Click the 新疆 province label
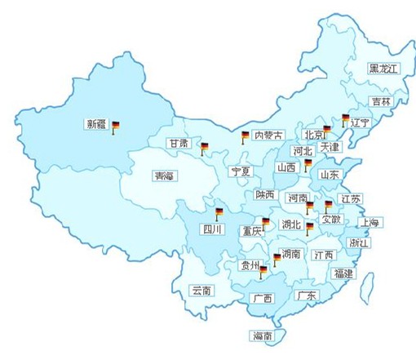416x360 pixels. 95,125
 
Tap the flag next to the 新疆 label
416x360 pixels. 115,127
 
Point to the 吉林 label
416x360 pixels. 381,102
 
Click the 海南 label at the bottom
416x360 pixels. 262,336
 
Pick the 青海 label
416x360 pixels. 164,176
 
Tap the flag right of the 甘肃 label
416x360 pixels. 205,149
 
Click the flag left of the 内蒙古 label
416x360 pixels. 244,136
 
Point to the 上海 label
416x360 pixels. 369,222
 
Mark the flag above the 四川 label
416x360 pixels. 219,214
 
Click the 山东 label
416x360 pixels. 330,175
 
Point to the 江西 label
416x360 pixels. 323,255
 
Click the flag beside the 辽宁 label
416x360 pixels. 345,121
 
